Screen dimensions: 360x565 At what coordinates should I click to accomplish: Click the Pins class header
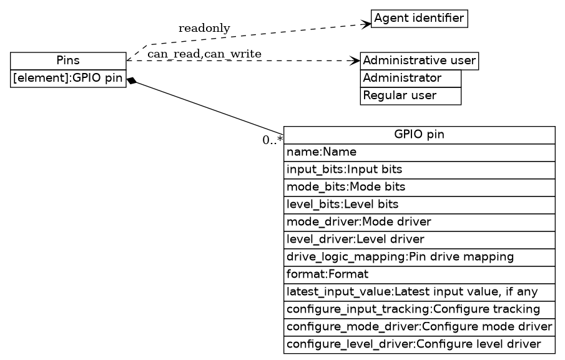point(68,61)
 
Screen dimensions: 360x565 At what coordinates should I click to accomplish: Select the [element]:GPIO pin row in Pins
point(68,79)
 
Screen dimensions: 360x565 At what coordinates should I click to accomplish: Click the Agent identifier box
point(419,18)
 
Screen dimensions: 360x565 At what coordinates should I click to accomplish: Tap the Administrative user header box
point(419,61)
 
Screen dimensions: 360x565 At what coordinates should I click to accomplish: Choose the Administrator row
point(410,79)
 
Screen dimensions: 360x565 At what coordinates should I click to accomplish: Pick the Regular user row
point(410,96)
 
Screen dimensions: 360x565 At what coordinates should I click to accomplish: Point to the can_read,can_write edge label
point(204,54)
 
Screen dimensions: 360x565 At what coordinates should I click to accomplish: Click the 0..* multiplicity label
point(272,140)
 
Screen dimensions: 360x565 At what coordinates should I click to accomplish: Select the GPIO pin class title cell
point(419,135)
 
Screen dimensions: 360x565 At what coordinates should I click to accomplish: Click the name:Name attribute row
point(419,152)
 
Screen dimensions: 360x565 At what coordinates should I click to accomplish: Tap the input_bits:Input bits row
point(419,170)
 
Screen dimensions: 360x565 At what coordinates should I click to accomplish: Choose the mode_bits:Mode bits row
point(419,187)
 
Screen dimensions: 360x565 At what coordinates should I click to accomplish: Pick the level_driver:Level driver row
point(419,240)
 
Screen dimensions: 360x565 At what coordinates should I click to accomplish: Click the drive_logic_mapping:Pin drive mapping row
point(419,257)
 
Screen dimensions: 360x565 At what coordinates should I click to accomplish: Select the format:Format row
point(419,275)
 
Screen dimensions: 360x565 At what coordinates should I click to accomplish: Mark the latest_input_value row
point(419,292)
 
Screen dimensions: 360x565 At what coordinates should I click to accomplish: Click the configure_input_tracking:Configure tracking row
point(419,309)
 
